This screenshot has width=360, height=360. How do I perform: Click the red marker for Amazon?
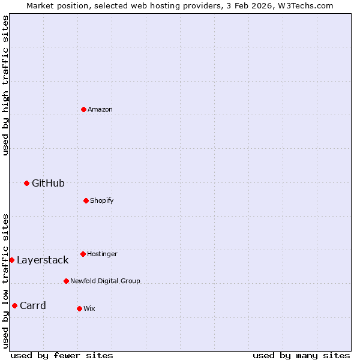(x=84, y=109)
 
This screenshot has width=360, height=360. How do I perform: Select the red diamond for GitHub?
(x=26, y=183)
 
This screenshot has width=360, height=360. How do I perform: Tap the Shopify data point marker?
(x=86, y=200)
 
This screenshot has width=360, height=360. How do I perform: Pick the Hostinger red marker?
(x=83, y=254)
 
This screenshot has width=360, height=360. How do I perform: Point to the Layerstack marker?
(x=11, y=260)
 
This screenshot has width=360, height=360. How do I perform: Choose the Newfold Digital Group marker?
(x=66, y=281)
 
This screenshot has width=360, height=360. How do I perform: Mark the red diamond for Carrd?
(x=14, y=305)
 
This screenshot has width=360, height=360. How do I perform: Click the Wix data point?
(x=79, y=308)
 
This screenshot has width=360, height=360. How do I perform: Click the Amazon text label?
(x=100, y=110)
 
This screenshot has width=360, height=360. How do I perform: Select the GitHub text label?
(x=48, y=184)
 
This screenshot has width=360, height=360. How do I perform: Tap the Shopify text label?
(x=102, y=200)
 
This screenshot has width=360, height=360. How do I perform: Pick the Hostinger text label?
(x=102, y=254)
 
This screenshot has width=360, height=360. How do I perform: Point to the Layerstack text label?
(x=43, y=260)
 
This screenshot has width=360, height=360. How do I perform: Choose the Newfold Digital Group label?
(x=105, y=281)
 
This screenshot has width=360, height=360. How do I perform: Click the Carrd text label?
(x=33, y=306)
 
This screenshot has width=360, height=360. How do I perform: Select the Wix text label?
(x=89, y=309)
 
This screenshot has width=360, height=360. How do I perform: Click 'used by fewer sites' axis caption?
(x=62, y=355)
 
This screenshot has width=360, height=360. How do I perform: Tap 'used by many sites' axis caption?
(x=301, y=355)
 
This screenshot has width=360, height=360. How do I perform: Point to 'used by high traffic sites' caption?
(x=5, y=85)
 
